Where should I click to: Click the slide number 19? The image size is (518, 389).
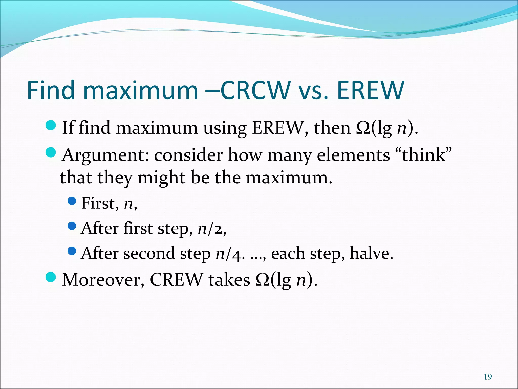[x=488, y=377]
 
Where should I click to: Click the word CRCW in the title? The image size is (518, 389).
[x=255, y=90]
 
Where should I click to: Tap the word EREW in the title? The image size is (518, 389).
[x=370, y=90]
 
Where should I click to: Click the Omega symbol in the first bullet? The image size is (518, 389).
[x=363, y=128]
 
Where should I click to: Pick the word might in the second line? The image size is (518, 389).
[x=161, y=178]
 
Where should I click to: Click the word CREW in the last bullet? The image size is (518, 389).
[x=176, y=280]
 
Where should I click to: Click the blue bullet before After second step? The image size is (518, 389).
[x=72, y=251]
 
